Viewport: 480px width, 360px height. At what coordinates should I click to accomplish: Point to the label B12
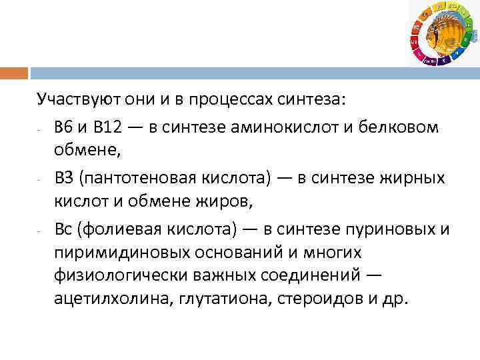point(107,127)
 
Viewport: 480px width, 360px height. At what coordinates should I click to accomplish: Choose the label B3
point(65,177)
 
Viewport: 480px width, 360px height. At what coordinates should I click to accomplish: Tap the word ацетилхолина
point(111,298)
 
